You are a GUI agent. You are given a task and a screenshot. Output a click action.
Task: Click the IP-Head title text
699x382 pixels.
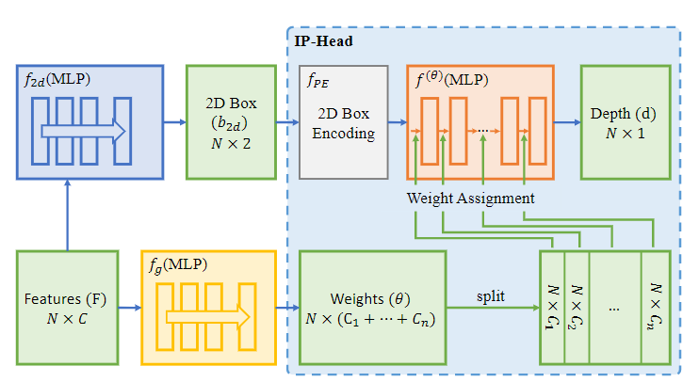(x=322, y=42)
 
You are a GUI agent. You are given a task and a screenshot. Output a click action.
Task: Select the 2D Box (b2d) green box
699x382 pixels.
(x=230, y=122)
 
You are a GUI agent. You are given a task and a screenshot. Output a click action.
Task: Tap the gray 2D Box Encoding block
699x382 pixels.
(x=343, y=122)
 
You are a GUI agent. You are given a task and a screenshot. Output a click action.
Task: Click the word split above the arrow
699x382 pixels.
(x=490, y=296)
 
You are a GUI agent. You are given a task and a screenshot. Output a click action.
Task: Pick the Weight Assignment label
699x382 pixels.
(x=471, y=199)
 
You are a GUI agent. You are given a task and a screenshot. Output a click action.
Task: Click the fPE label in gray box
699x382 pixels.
(x=317, y=82)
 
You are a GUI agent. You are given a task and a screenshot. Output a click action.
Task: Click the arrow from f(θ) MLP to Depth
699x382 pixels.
(x=567, y=122)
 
